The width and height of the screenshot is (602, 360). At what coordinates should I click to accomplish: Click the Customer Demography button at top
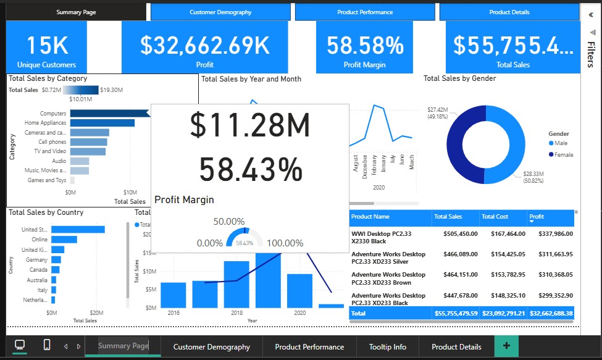click(220, 12)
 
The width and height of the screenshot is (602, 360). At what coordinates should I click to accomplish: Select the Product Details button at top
click(509, 12)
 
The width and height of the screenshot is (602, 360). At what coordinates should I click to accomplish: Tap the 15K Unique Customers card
click(46, 48)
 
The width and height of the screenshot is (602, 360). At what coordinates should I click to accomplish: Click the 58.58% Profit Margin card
click(365, 48)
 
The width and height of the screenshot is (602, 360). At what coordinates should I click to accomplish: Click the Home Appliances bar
click(102, 123)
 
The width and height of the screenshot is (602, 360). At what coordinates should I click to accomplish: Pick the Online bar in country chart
click(64, 240)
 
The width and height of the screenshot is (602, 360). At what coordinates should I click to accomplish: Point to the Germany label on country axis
click(36, 260)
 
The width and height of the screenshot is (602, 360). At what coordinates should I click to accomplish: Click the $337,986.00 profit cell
click(551, 234)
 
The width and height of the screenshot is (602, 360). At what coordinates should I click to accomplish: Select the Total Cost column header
click(496, 217)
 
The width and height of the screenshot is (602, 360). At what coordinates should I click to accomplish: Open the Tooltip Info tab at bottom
click(388, 346)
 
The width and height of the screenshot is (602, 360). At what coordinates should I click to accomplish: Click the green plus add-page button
click(506, 346)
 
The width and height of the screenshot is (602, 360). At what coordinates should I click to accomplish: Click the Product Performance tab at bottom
click(309, 346)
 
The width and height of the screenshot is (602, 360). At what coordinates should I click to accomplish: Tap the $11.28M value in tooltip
click(249, 125)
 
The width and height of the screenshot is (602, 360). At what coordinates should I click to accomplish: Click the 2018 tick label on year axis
click(236, 314)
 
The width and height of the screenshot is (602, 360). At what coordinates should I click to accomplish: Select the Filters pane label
click(590, 54)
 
